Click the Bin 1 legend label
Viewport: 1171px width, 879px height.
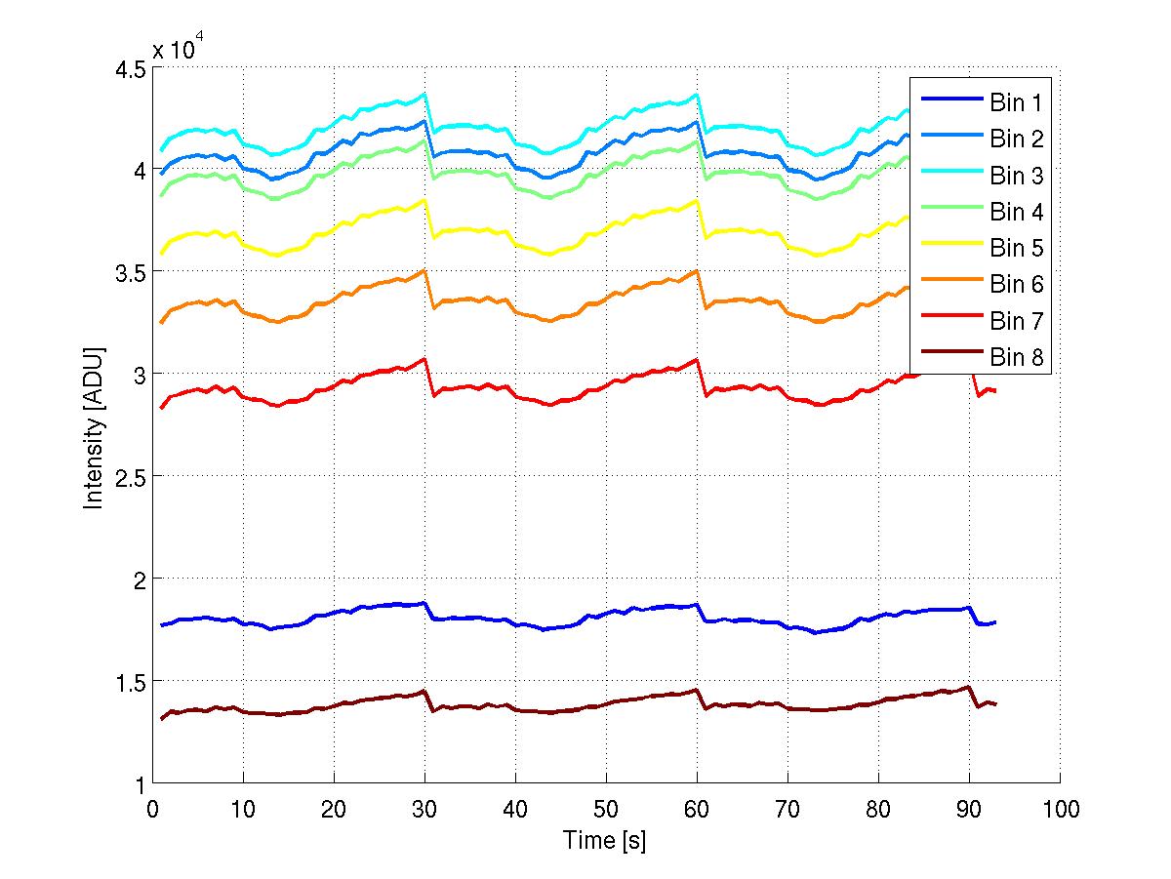(1017, 102)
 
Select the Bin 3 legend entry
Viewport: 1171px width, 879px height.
(1017, 176)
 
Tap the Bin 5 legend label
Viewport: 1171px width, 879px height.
(1017, 248)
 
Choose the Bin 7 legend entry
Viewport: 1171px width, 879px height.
(1017, 321)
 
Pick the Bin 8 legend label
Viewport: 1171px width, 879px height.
(1017, 358)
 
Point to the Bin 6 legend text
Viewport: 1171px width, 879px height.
(1017, 285)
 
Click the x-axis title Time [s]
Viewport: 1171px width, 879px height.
(604, 840)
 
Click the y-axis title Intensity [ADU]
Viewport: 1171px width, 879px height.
(94, 426)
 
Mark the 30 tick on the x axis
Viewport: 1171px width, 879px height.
(424, 810)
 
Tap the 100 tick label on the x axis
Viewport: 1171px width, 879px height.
(1060, 810)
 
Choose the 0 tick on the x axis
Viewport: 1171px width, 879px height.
(152, 810)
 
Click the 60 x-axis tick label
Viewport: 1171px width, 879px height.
(697, 810)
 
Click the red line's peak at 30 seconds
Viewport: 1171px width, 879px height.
(424, 359)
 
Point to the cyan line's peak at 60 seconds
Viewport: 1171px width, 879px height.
(696, 95)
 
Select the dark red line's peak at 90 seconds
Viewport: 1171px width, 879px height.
(968, 687)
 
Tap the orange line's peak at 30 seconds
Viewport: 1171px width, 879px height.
(424, 271)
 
